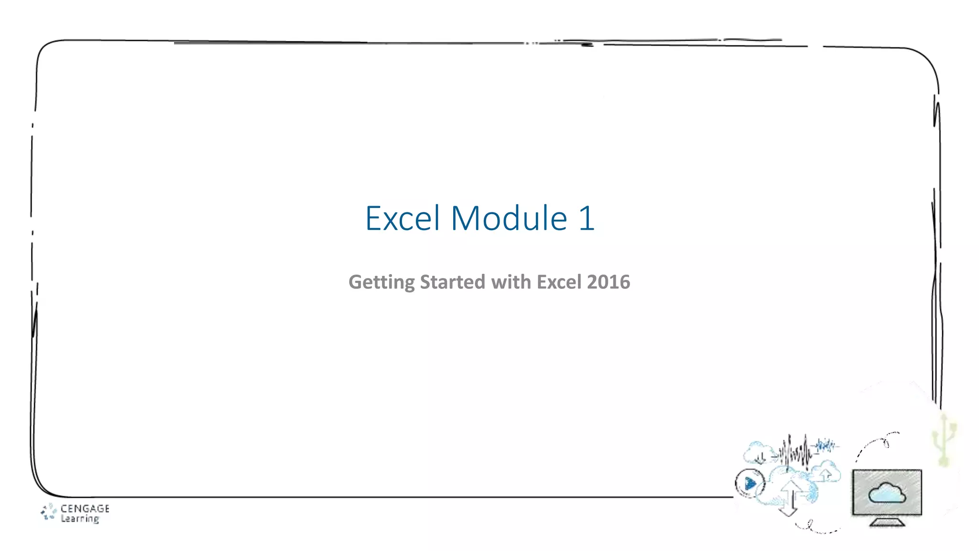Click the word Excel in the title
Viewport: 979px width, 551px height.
point(402,219)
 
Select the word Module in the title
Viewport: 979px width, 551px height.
point(509,219)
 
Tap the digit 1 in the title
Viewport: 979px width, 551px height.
point(586,219)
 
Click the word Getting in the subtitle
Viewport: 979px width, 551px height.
point(381,282)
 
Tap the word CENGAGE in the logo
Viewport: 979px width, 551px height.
point(85,508)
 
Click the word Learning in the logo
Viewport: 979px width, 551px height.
point(80,518)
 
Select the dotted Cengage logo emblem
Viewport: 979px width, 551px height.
point(48,512)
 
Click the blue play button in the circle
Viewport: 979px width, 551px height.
point(750,484)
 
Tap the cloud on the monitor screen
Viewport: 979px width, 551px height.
point(887,493)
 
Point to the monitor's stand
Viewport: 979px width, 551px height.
point(887,522)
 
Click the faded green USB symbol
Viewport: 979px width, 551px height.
point(944,440)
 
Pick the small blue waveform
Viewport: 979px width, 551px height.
point(826,446)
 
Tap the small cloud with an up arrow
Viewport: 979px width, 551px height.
point(826,472)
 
